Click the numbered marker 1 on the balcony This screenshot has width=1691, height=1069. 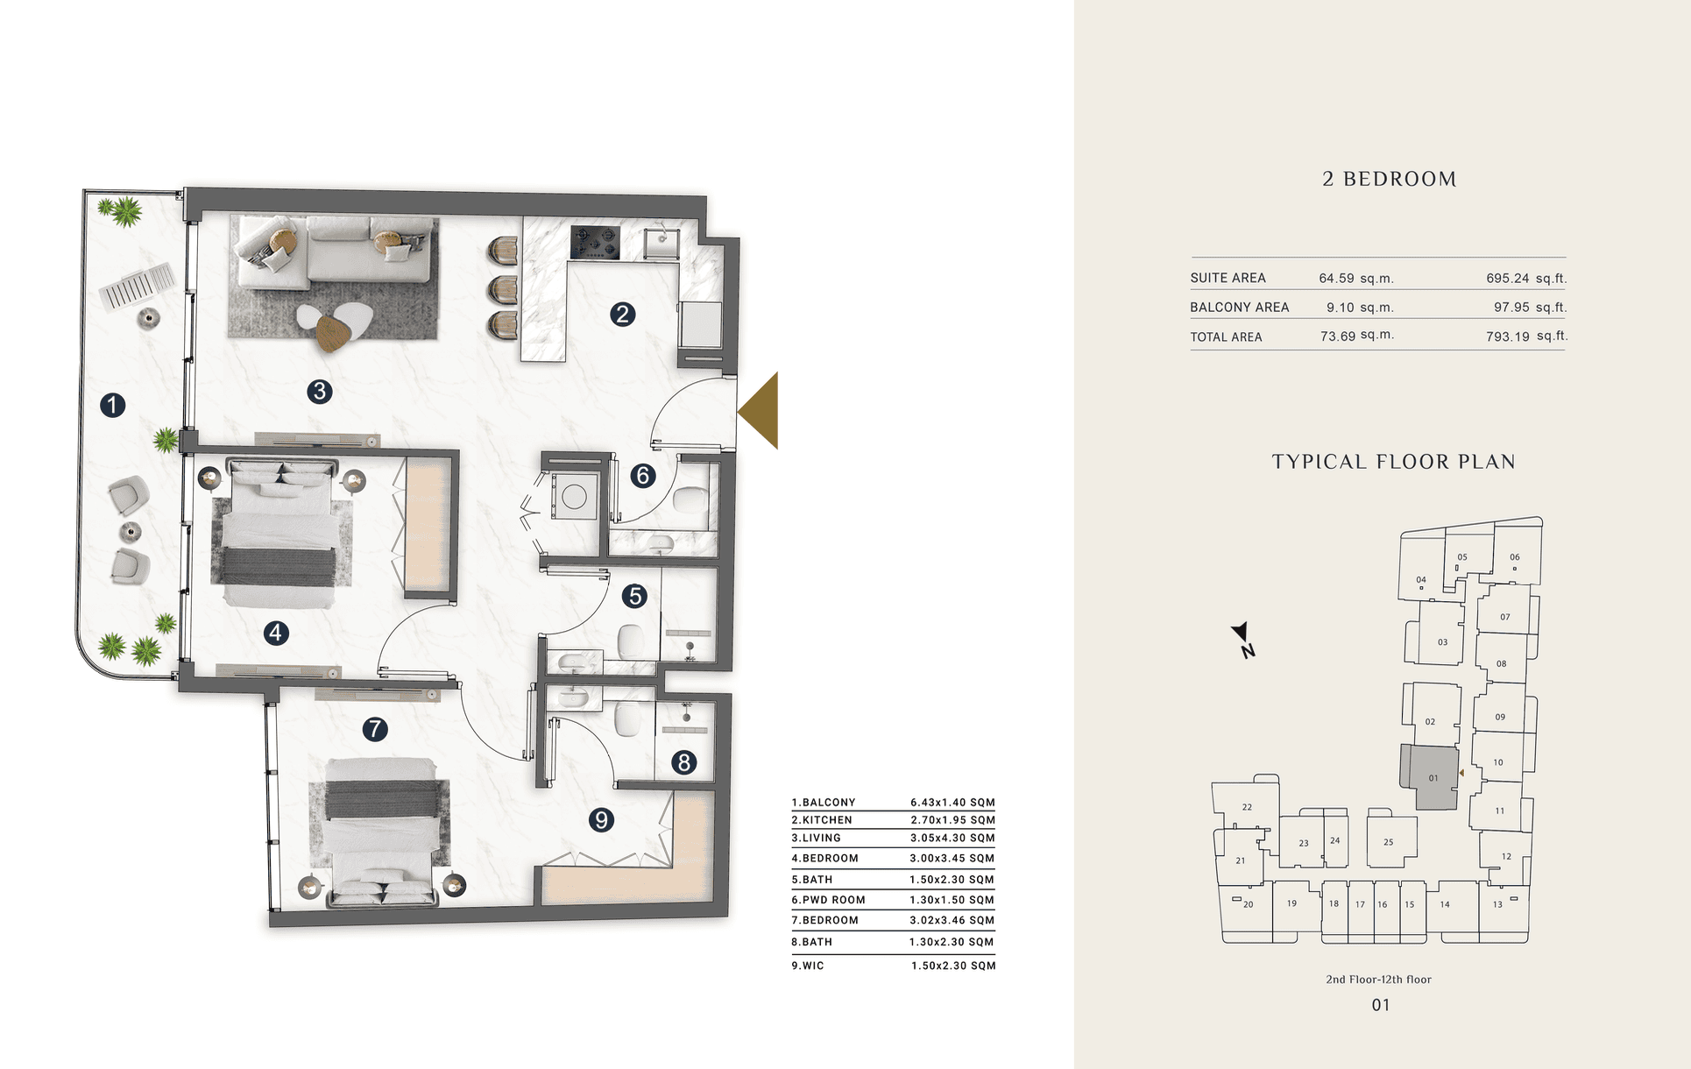tap(112, 405)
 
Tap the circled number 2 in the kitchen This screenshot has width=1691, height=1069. tap(622, 314)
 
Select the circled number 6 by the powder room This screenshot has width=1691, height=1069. tap(643, 475)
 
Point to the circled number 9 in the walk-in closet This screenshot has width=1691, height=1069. tap(601, 819)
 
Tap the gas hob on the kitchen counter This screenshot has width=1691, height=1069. tap(595, 243)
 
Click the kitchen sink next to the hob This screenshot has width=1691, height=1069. tap(663, 243)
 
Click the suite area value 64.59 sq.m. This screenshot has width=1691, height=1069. tap(1356, 279)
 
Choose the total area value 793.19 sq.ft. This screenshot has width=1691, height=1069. tap(1526, 336)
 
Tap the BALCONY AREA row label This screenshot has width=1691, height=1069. tap(1239, 308)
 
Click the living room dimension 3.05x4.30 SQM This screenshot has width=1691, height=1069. tap(952, 839)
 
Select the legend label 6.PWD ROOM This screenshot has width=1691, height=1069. tap(828, 900)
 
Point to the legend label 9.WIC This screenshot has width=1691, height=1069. tap(808, 966)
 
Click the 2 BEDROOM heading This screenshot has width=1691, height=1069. tap(1390, 179)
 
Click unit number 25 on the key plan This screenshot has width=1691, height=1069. tap(1389, 842)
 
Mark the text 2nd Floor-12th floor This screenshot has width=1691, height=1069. tap(1378, 980)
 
